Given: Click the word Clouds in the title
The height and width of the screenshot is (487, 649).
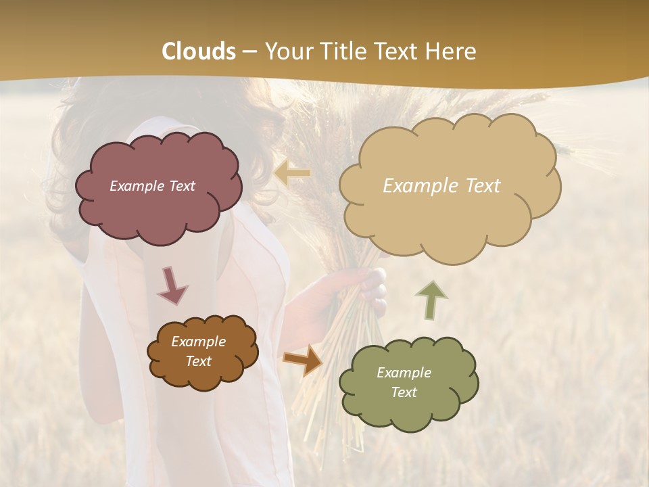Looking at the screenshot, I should [199, 51].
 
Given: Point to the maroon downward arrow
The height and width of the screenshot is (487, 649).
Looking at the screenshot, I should [172, 285].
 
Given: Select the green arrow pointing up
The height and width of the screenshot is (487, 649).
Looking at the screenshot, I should [431, 299].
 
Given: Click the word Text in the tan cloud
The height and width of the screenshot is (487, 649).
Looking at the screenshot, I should [477, 186].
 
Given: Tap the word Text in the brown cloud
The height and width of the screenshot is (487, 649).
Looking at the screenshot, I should [198, 361].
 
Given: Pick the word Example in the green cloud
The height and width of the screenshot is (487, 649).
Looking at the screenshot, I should [404, 373].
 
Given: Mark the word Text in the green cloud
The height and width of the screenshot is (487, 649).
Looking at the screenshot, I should [404, 392].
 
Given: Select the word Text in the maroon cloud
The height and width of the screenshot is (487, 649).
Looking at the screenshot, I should [181, 186].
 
